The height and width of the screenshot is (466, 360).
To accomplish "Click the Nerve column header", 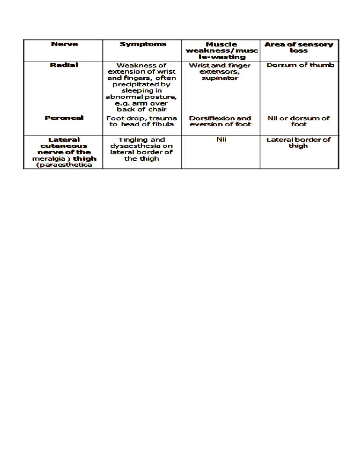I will [64, 44].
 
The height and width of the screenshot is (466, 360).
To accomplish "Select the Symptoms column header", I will [143, 44].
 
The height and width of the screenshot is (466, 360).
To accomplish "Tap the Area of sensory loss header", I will [298, 47].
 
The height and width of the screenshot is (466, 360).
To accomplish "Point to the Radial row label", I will [64, 65].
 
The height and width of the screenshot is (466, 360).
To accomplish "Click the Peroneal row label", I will [64, 118].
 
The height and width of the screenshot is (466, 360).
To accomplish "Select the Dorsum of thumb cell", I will [300, 65].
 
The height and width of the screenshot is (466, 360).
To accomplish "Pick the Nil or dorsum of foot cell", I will [298, 121].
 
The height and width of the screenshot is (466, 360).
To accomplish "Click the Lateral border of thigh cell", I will [298, 142].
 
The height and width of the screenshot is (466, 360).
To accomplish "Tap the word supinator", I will [220, 78].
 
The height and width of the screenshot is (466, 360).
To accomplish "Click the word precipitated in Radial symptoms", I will [142, 84].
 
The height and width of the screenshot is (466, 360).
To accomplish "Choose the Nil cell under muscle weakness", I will [221, 140].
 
